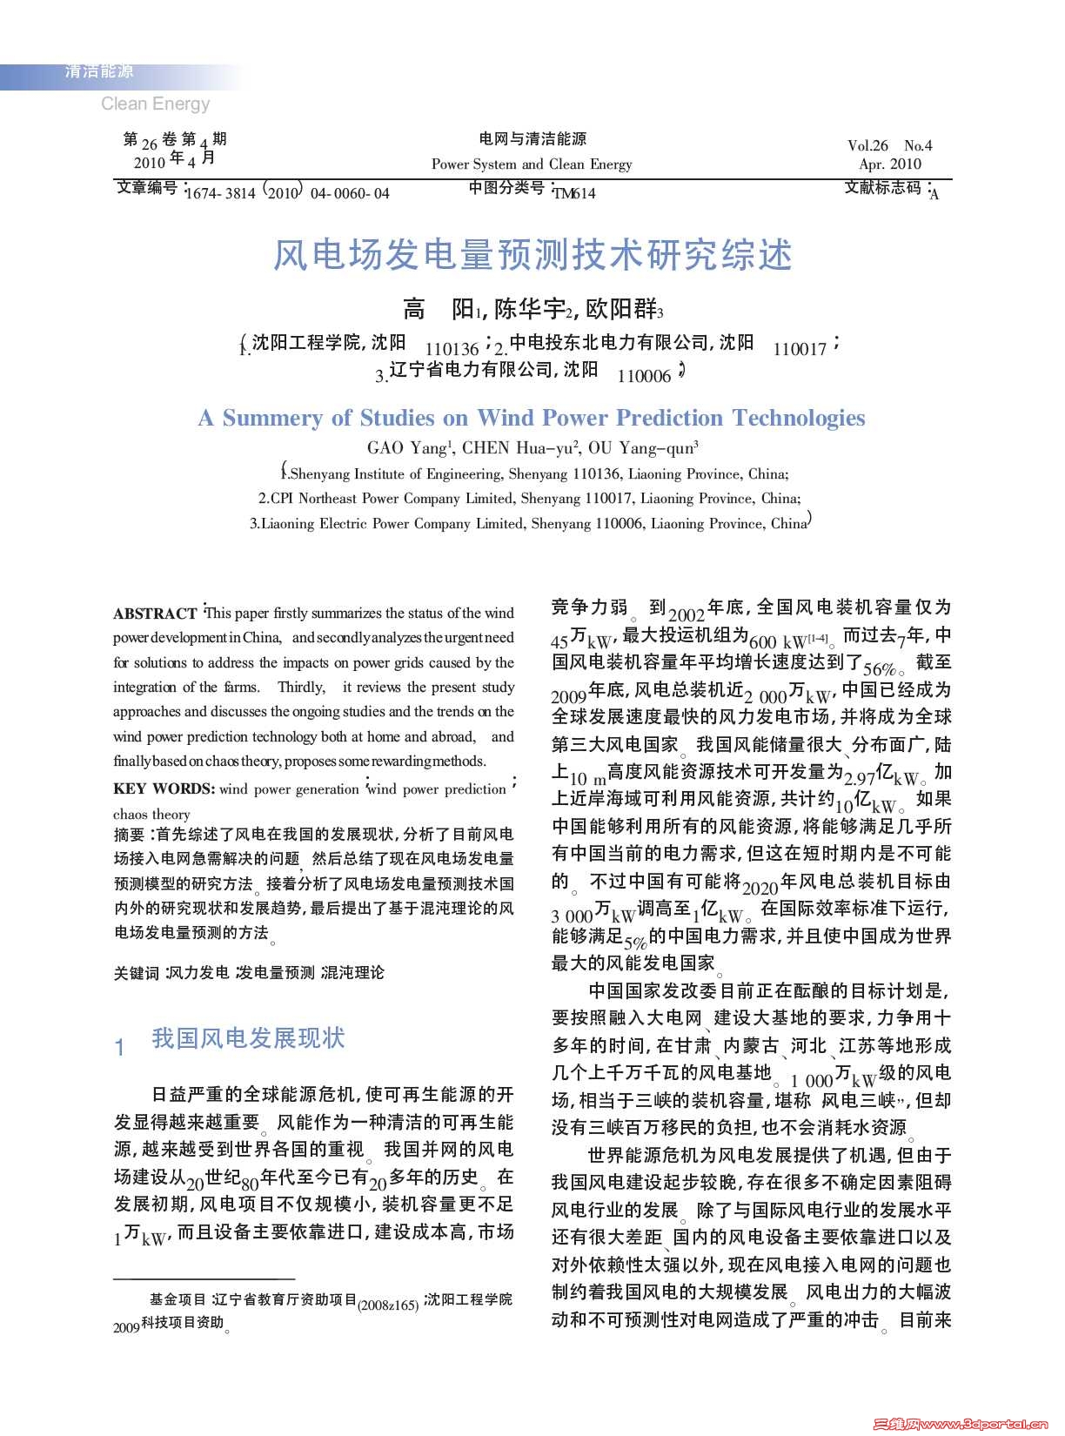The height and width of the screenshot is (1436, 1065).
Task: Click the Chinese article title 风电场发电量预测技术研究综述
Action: coord(532,255)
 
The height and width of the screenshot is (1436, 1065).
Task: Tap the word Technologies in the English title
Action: coord(798,419)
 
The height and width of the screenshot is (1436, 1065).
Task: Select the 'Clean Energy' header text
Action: coord(155,104)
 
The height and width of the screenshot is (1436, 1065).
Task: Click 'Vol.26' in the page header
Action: coord(867,145)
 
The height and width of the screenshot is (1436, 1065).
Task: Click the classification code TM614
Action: coord(574,193)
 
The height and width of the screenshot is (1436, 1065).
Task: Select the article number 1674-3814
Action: coord(221,193)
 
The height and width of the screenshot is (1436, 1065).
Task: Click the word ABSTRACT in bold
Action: coord(155,614)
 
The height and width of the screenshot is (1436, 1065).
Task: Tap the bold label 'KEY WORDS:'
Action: coord(164,789)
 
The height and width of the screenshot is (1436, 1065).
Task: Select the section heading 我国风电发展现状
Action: coord(248,1038)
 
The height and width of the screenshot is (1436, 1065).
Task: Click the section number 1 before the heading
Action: coord(120,1047)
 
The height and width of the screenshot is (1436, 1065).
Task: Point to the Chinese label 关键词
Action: coord(137,973)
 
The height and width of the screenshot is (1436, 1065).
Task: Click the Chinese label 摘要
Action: coord(130,835)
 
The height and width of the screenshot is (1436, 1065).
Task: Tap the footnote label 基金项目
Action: coord(177,1299)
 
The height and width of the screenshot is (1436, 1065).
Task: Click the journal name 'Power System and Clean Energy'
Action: coord(532,164)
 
